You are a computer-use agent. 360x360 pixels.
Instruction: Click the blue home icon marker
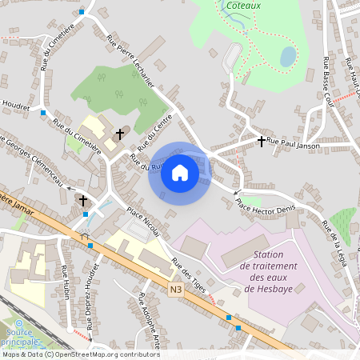point(180,173)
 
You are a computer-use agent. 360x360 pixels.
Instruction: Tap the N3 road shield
point(176,289)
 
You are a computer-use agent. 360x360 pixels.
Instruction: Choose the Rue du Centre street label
point(154,133)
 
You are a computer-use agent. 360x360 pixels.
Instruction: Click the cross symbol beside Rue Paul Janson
point(261,142)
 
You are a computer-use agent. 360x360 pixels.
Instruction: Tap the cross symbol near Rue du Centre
point(121,134)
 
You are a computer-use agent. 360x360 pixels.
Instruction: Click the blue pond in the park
point(287,55)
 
